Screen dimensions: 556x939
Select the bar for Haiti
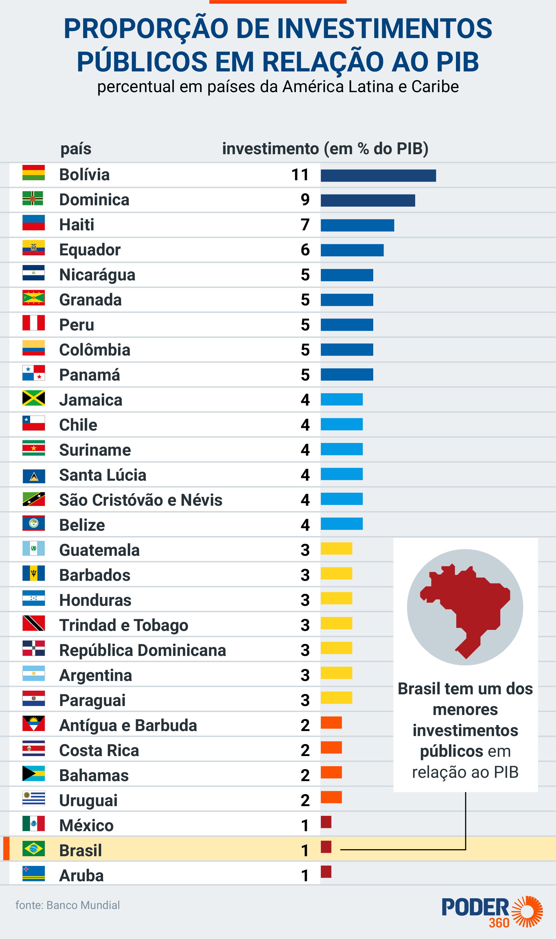coord(358,225)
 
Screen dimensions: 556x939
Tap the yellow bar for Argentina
coord(337,673)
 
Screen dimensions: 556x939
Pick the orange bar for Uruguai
coord(331,797)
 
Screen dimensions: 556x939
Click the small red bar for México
coord(326,822)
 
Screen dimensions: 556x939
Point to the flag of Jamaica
coord(33,398)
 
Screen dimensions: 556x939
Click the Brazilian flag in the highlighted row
coord(33,849)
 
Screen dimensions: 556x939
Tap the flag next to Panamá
coord(33,373)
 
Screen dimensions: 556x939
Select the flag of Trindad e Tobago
coord(33,623)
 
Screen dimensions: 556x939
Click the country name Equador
coord(90,250)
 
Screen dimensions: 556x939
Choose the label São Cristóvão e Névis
coord(141,500)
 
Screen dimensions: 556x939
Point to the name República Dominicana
coord(143,650)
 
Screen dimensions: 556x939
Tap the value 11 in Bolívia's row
coord(300,175)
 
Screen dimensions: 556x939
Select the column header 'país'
coord(76,149)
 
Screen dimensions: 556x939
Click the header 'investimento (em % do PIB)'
coord(325,149)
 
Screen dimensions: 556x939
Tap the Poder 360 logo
coord(492,912)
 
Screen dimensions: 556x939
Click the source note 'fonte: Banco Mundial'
coord(68,905)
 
